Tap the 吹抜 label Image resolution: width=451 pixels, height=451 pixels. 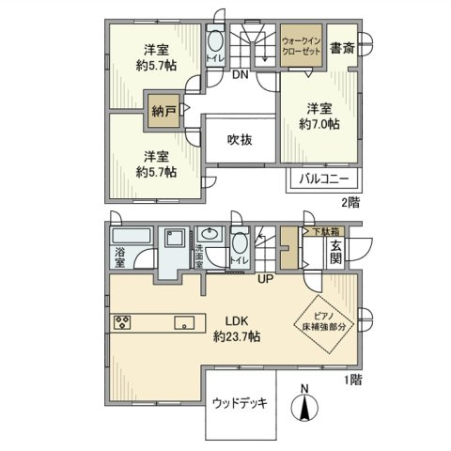click(241, 140)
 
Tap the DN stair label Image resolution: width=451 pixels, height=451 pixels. click(240, 74)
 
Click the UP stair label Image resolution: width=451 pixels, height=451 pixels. click(268, 276)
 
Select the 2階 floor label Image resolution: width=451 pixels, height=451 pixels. click(350, 201)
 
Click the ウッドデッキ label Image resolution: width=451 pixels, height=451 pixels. click(240, 404)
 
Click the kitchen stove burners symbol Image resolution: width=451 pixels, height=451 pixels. click(122, 324)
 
